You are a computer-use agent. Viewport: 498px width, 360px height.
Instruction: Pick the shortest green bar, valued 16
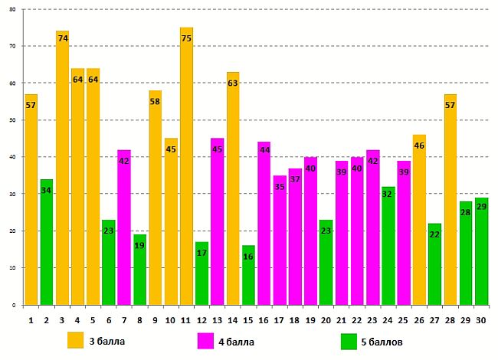248,275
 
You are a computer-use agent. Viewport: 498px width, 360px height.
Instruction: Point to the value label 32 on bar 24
388,194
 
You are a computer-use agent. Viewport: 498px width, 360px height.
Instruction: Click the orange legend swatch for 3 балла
75,340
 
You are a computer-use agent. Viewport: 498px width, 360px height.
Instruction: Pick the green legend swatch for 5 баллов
349,340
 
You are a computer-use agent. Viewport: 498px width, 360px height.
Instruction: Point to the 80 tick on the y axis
13,9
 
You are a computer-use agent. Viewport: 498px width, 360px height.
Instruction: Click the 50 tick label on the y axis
13,120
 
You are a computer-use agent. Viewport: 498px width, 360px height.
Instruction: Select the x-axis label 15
248,319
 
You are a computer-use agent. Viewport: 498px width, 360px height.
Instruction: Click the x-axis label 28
450,319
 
